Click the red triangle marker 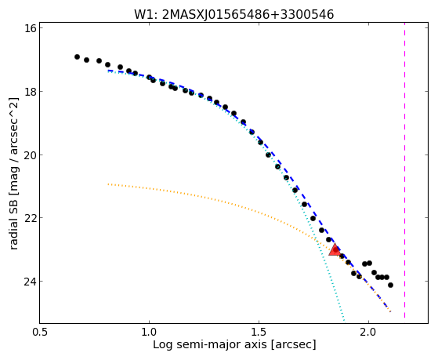pyautogui.click(x=335, y=250)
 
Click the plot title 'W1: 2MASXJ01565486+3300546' pyautogui.click(x=234, y=14)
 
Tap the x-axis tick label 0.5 pyautogui.click(x=40, y=332)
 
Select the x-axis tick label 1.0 pyautogui.click(x=149, y=332)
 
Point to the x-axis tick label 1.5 pyautogui.click(x=259, y=332)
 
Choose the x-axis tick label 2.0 pyautogui.click(x=369, y=332)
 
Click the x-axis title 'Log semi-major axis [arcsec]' pyautogui.click(x=234, y=345)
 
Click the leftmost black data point pyautogui.click(x=77, y=56)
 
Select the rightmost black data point pyautogui.click(x=390, y=285)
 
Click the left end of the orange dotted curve pyautogui.click(x=108, y=184)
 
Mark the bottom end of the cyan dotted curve pyautogui.click(x=344, y=321)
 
